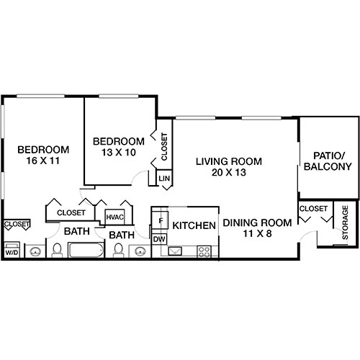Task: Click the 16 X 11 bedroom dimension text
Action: tap(43, 161)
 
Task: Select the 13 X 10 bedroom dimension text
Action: tap(118, 153)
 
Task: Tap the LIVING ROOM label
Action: tap(229, 161)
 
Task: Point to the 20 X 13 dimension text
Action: tap(229, 173)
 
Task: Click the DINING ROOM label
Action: tap(256, 223)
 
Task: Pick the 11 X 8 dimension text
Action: tap(256, 235)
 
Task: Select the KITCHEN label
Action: tap(194, 225)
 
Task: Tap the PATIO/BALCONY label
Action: tap(332, 161)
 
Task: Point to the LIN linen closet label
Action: tap(163, 178)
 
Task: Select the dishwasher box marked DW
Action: tap(160, 239)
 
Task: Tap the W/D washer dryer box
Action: tap(12, 253)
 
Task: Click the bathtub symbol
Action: tap(87, 251)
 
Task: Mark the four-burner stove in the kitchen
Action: tap(204, 251)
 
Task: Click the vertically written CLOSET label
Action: tap(164, 146)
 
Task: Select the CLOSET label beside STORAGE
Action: tap(312, 209)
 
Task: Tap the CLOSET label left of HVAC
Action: tap(71, 213)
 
